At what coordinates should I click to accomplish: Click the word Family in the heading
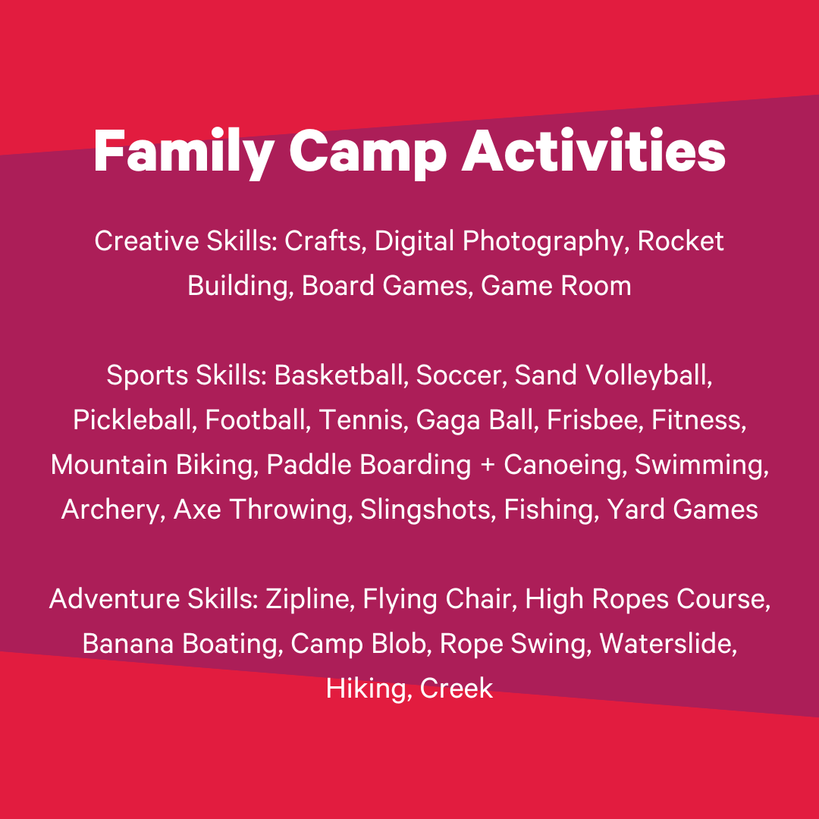coord(184,152)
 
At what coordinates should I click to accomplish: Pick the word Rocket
coord(680,241)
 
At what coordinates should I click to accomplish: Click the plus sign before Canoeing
coord(488,466)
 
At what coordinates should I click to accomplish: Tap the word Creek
coord(457,689)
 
